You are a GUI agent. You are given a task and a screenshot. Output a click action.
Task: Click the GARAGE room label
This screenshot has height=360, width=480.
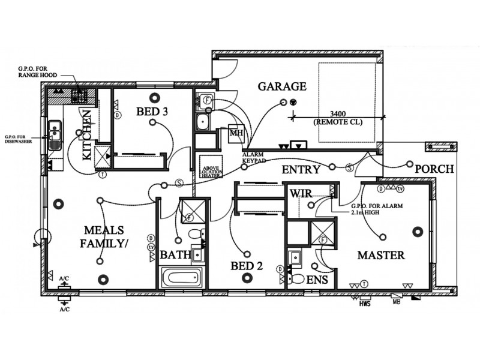(282, 86)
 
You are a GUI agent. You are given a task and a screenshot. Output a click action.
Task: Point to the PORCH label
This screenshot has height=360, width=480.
(434, 169)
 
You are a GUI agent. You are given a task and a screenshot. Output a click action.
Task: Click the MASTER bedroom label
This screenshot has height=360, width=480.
(381, 255)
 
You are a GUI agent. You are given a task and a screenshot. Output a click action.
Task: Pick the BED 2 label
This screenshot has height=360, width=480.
(247, 265)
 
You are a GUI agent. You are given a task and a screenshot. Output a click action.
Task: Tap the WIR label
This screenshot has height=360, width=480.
(299, 193)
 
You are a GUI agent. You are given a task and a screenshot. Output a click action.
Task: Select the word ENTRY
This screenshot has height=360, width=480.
(301, 170)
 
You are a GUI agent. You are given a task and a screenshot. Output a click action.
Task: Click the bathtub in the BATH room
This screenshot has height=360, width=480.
(183, 278)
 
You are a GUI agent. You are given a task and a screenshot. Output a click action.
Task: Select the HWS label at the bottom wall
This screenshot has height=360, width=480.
(365, 304)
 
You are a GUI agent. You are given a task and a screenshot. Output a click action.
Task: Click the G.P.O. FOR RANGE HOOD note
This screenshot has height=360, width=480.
(37, 73)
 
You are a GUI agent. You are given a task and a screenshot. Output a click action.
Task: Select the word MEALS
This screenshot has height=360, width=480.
(104, 230)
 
